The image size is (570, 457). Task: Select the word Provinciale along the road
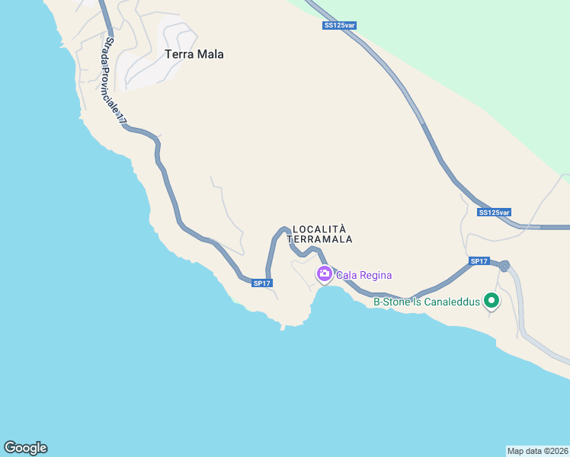pyautogui.click(x=114, y=90)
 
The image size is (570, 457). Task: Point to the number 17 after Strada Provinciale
pyautogui.click(x=122, y=120)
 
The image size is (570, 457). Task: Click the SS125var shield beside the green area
pyautogui.click(x=339, y=25)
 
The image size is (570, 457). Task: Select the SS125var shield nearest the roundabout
pyautogui.click(x=495, y=213)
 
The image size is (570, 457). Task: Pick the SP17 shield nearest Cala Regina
pyautogui.click(x=262, y=283)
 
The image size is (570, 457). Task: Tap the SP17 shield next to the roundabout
pyautogui.click(x=479, y=261)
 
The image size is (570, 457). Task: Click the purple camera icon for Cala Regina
pyautogui.click(x=324, y=275)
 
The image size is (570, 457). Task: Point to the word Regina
pyautogui.click(x=377, y=275)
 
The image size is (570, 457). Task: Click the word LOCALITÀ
pyautogui.click(x=320, y=228)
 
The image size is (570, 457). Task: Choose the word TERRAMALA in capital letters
pyautogui.click(x=320, y=239)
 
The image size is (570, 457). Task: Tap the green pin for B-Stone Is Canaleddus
pyautogui.click(x=492, y=301)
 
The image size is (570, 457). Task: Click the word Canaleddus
pyautogui.click(x=453, y=302)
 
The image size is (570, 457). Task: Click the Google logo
pyautogui.click(x=25, y=448)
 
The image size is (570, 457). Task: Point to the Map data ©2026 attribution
pyautogui.click(x=537, y=451)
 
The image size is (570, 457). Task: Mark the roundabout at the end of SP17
pyautogui.click(x=504, y=267)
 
